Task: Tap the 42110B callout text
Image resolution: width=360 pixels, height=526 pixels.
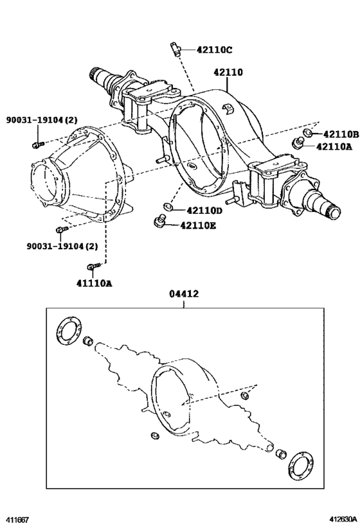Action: [x=340, y=134]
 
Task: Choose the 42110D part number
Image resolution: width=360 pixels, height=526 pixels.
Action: [x=204, y=210]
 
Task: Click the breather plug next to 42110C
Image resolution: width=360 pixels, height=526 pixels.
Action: [x=175, y=47]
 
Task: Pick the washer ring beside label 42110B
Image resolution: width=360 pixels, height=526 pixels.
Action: [x=309, y=134]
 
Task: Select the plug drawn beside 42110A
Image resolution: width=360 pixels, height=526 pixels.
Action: [x=298, y=143]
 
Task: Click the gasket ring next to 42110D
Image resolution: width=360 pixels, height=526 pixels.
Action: [x=166, y=207]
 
